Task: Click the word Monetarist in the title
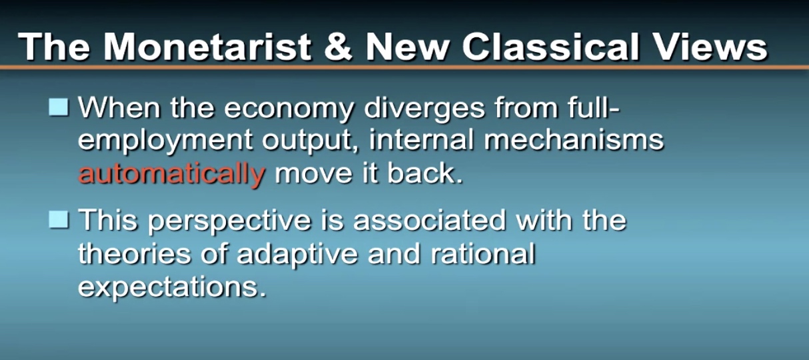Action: click(x=207, y=47)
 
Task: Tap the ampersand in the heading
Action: click(x=338, y=47)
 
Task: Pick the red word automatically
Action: click(x=172, y=174)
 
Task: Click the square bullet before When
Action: click(x=59, y=107)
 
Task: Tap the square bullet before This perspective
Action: click(x=59, y=220)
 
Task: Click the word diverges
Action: click(x=424, y=109)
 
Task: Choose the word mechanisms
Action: click(x=574, y=139)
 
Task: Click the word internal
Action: click(x=421, y=139)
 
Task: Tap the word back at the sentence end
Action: click(x=424, y=173)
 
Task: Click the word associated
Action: click(x=429, y=220)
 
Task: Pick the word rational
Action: click(x=483, y=253)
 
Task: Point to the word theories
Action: click(x=135, y=253)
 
